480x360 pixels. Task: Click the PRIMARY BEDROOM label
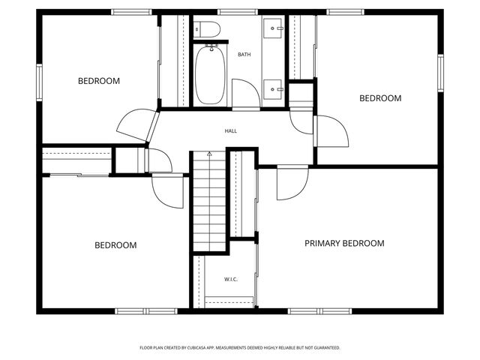pos(344,244)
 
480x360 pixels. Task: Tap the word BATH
pos(244,55)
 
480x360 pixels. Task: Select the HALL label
pos(231,131)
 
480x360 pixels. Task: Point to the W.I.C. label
pos(231,280)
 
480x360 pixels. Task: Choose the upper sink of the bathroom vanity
pos(274,29)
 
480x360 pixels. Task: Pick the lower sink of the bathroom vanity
pos(274,88)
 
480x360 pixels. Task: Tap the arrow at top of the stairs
pos(209,154)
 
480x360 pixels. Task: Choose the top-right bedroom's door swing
pos(331,132)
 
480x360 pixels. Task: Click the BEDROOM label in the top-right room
pos(380,98)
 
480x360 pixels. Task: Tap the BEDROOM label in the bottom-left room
pos(115,245)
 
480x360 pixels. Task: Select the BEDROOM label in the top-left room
pos(99,81)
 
